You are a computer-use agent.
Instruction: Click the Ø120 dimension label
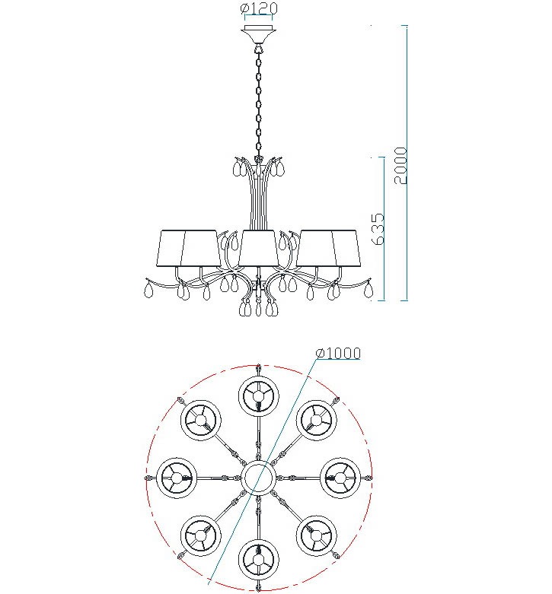coord(259,8)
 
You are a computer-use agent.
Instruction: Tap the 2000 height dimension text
coord(400,166)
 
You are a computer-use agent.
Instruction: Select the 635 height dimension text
coord(378,229)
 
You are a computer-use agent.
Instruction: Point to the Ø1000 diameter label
coord(338,353)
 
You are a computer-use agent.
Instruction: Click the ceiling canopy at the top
coord(259,34)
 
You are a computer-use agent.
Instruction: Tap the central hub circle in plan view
coord(259,478)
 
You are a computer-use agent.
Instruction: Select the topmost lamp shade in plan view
coord(259,396)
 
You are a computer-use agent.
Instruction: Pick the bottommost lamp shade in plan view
coord(259,560)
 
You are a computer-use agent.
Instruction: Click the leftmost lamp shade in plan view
coord(177,478)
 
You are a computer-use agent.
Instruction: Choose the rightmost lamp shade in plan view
coord(340,478)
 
